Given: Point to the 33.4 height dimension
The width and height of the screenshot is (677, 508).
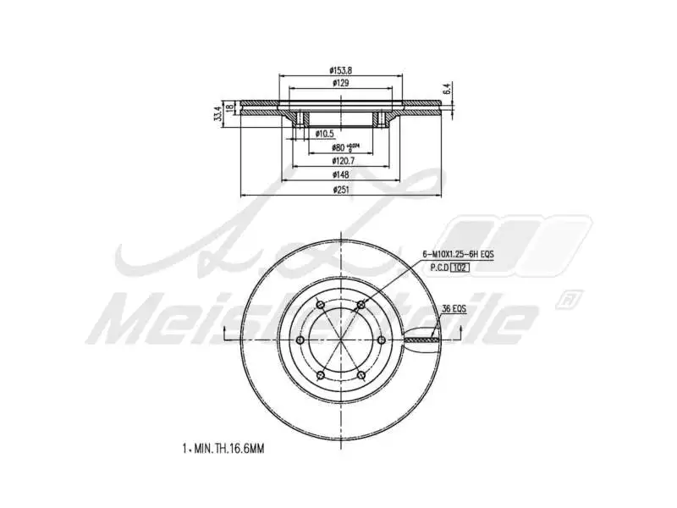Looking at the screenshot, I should point(218,113).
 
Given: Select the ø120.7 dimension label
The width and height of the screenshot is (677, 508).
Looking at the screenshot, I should point(340,160).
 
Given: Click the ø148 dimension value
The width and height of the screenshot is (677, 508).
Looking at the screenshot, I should point(340,174).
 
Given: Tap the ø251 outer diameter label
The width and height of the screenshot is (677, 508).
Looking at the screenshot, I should point(340,190).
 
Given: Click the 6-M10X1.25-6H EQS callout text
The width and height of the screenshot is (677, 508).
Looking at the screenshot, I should point(458,254).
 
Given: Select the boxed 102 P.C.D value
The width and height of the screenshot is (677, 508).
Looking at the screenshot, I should point(460,268).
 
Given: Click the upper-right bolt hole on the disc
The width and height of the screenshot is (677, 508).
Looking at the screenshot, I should point(361,304).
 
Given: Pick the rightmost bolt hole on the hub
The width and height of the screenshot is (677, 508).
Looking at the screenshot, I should point(383,340).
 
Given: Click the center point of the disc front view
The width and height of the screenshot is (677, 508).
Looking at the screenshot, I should point(340,340).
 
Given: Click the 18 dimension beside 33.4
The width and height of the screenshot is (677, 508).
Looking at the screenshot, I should point(229,108).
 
